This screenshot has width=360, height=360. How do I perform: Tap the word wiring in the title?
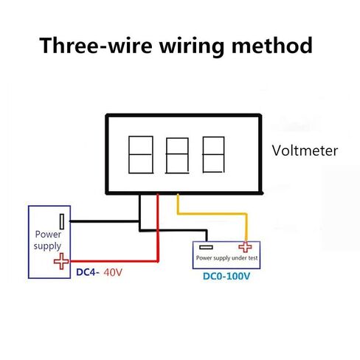coord(192,46)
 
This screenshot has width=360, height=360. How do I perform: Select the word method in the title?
coord(272,46)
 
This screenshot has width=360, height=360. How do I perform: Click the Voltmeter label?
coord(305,150)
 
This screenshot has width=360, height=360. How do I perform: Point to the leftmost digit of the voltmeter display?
coord(141,155)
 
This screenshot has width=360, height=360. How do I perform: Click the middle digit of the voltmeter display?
coord(177,156)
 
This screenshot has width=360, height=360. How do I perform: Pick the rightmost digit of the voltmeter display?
coord(213,155)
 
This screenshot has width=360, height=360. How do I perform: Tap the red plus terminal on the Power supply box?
coord(61,261)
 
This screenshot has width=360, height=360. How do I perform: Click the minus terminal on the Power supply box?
coord(62,221)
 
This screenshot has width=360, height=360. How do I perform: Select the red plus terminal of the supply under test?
coord(245,247)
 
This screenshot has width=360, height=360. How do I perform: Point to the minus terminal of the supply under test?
coord(206,247)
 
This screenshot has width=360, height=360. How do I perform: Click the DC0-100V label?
coord(226,276)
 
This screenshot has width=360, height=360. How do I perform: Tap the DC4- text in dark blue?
coord(88,272)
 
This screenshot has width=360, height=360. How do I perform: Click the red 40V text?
coord(113,272)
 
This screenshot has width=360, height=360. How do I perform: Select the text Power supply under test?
coord(226,258)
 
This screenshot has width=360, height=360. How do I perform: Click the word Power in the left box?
coord(48,234)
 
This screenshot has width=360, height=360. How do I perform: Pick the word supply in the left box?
coord(47,246)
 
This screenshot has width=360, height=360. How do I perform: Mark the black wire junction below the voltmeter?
coord(140,221)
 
